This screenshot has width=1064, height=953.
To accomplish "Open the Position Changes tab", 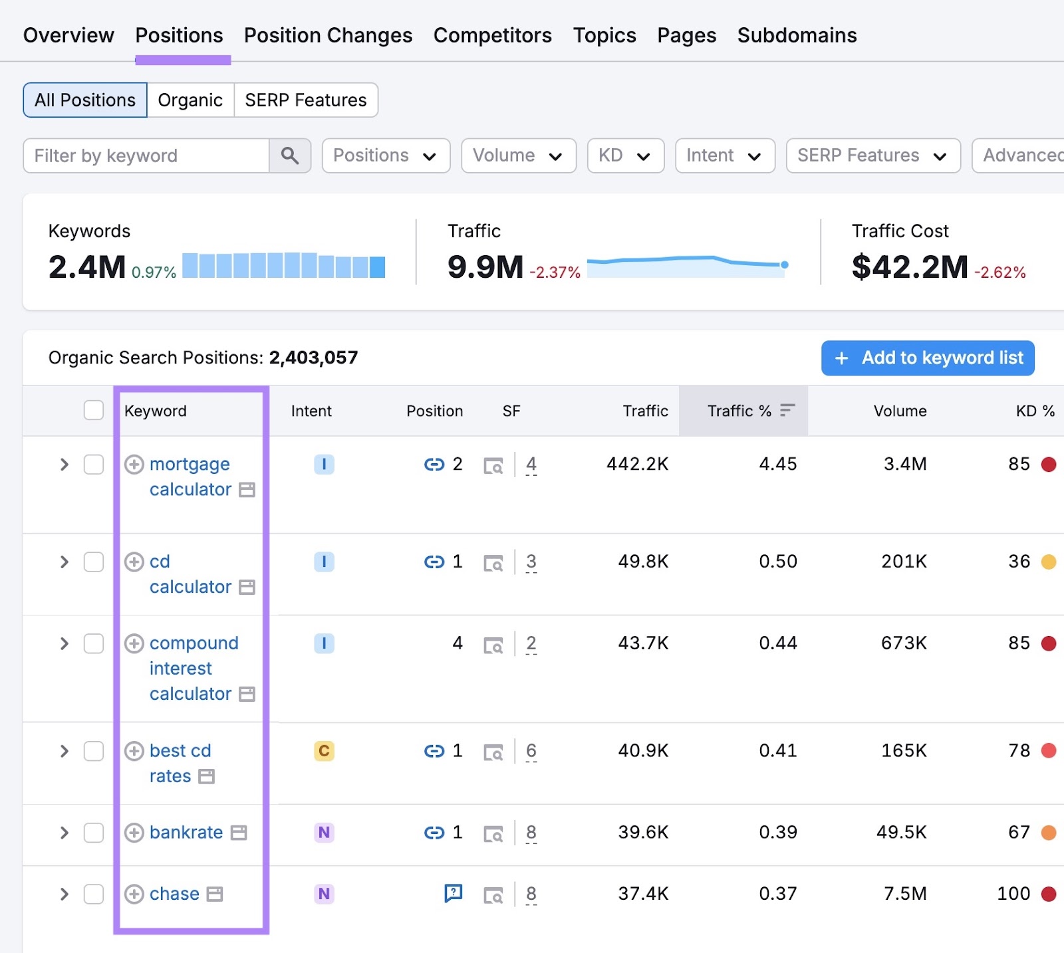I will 328,35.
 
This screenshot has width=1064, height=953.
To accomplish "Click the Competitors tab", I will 492,35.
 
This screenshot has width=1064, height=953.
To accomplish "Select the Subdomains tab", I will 797,35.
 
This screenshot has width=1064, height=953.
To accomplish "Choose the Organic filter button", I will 190,100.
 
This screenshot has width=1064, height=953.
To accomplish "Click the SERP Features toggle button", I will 305,100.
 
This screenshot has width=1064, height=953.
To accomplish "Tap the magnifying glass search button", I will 290,156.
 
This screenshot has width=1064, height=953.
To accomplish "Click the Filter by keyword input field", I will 146,156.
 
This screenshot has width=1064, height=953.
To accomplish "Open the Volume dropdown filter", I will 518,156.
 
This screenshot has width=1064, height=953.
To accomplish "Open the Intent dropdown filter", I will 724,156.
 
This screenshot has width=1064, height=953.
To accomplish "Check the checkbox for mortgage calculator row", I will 94,465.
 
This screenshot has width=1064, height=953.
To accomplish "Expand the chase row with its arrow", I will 65,894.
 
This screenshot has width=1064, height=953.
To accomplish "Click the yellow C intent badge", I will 324,751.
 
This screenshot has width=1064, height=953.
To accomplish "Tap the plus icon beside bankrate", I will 134,833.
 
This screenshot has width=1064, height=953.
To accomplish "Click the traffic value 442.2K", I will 636,464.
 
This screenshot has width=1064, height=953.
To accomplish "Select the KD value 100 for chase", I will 1013,894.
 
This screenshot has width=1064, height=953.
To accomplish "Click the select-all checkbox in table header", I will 94,411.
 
